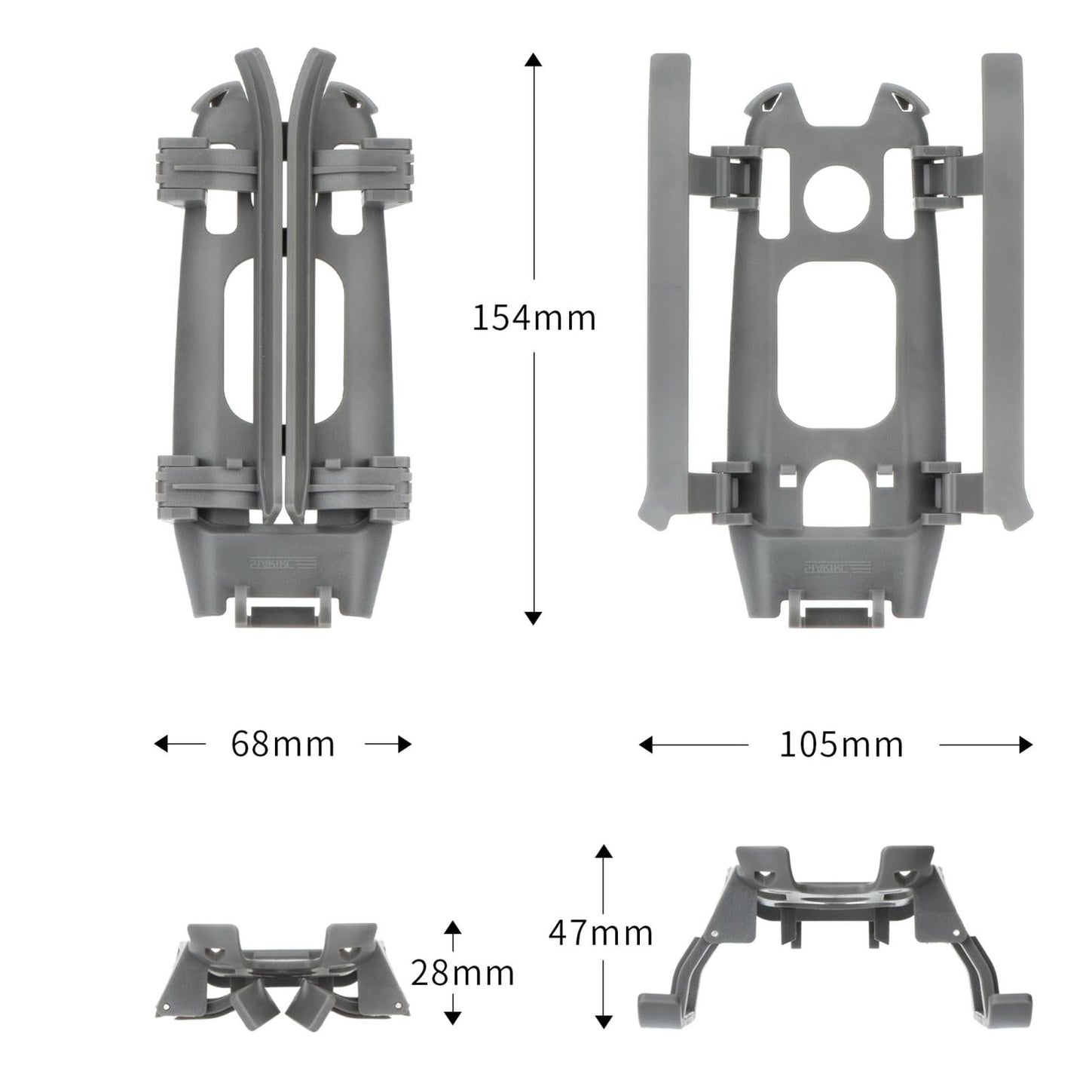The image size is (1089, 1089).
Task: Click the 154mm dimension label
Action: coord(534,318)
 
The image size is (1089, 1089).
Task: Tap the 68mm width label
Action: coord(283,745)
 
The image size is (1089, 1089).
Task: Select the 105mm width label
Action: coord(840,745)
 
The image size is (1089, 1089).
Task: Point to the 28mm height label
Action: coord(462,973)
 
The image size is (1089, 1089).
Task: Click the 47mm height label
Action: coord(600,934)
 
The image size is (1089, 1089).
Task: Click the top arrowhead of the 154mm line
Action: coord(534,60)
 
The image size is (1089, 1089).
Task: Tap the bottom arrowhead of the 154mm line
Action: coord(534,617)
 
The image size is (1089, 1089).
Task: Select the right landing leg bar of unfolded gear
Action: coord(1002,286)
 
